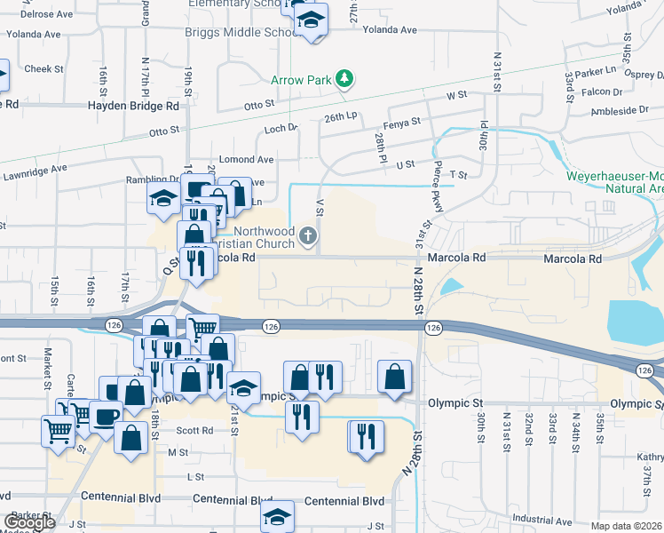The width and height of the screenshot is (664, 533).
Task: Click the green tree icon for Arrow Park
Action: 344,80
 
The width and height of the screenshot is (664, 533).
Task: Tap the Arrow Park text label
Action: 301,80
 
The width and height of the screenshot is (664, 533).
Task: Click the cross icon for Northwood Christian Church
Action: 308,235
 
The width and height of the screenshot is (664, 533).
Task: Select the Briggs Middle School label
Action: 241,33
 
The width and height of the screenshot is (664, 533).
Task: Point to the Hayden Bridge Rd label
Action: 133,105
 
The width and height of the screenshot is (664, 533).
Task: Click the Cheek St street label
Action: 44,68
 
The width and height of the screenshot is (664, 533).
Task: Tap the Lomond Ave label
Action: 247,160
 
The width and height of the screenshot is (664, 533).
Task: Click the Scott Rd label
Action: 194,430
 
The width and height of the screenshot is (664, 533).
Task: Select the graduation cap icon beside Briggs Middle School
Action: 311,19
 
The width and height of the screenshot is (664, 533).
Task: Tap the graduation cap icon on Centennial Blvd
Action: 278,516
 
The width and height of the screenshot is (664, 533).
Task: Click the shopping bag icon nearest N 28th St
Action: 394,376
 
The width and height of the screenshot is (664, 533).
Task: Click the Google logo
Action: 29,521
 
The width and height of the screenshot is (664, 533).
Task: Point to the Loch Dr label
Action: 280,129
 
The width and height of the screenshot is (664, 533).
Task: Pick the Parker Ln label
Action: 596,71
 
